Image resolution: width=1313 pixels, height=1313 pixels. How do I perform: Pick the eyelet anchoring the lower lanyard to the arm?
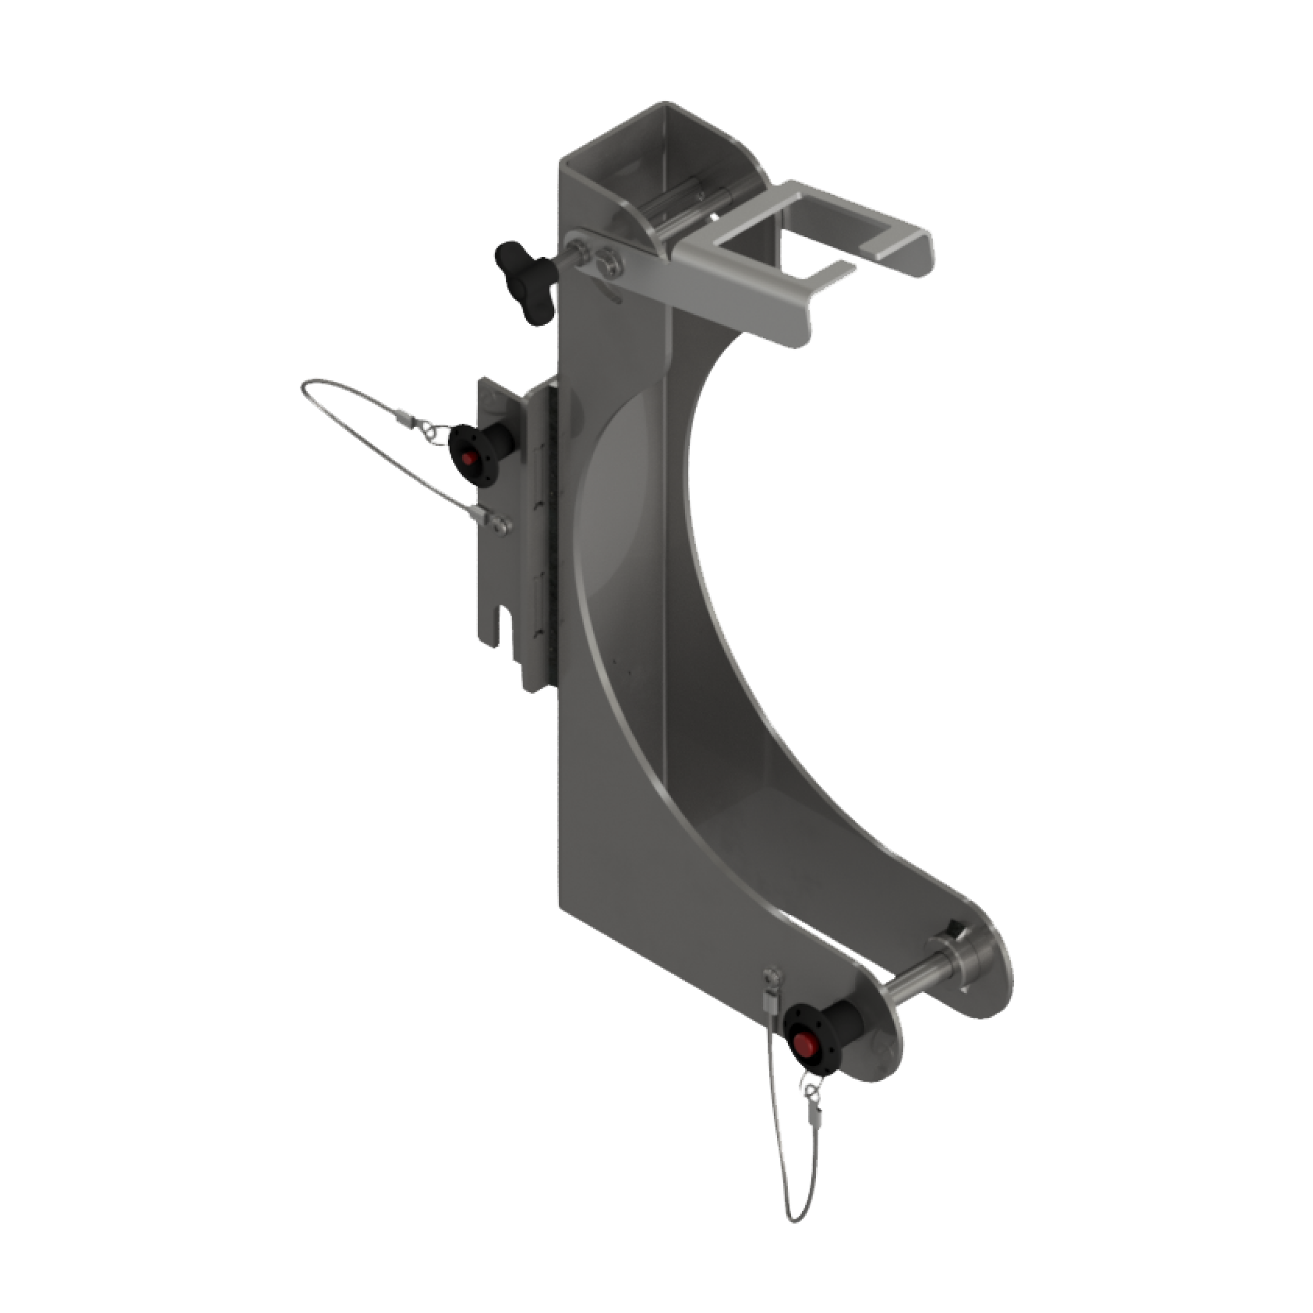[x=773, y=978]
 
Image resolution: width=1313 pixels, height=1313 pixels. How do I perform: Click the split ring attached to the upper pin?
[x=428, y=430]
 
